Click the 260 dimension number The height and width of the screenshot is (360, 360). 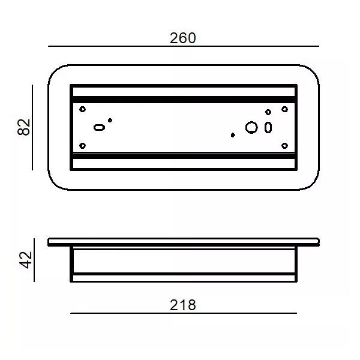[x=183, y=38]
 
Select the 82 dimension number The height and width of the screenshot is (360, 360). [x=24, y=127]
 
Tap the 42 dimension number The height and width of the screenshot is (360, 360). [x=26, y=260]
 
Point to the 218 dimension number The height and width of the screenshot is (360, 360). [x=183, y=305]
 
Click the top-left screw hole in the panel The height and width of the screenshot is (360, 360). [x=82, y=109]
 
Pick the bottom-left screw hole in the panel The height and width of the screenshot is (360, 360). [x=82, y=146]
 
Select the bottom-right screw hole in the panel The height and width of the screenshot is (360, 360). [x=284, y=146]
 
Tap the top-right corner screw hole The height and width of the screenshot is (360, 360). [x=284, y=109]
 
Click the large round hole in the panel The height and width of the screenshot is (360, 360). [x=251, y=127]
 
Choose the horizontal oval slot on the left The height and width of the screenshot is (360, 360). [x=99, y=127]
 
